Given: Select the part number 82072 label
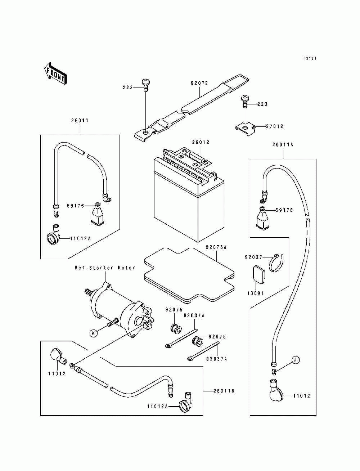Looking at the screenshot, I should click(199, 83).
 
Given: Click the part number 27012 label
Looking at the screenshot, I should click(275, 126).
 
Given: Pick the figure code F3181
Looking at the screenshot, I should click(310, 58).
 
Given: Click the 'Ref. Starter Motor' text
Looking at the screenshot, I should click(105, 268).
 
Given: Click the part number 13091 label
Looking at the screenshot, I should click(255, 293).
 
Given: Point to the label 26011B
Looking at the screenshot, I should click(224, 391).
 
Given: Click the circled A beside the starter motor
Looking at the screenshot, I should click(94, 333).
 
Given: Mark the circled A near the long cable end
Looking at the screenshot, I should click(295, 360).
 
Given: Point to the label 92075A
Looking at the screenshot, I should click(216, 247).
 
